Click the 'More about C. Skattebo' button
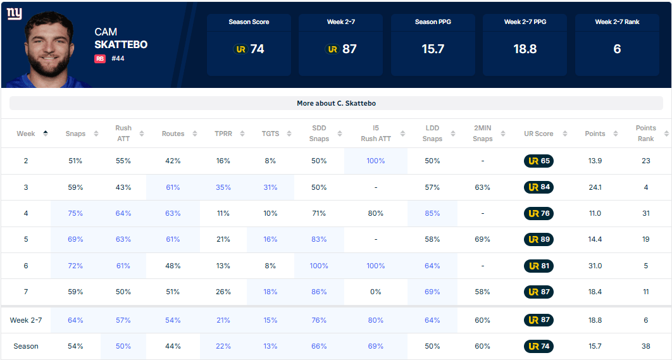(336, 103)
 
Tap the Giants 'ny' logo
(14, 14)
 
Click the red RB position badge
(100, 59)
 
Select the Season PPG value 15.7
(433, 49)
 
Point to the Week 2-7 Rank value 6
(617, 49)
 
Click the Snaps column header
(75, 133)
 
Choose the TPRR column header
(223, 133)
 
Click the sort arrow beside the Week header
(46, 133)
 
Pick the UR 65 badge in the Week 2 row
(538, 161)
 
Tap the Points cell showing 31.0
(595, 266)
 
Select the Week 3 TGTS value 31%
(270, 187)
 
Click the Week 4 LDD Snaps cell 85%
(432, 213)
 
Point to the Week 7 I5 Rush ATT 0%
(376, 292)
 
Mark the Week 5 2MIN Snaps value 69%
(483, 239)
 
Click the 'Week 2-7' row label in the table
(26, 320)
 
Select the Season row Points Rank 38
(646, 346)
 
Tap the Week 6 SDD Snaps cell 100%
(319, 266)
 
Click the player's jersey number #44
(118, 59)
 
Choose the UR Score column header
(538, 133)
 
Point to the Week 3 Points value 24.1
(595, 187)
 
